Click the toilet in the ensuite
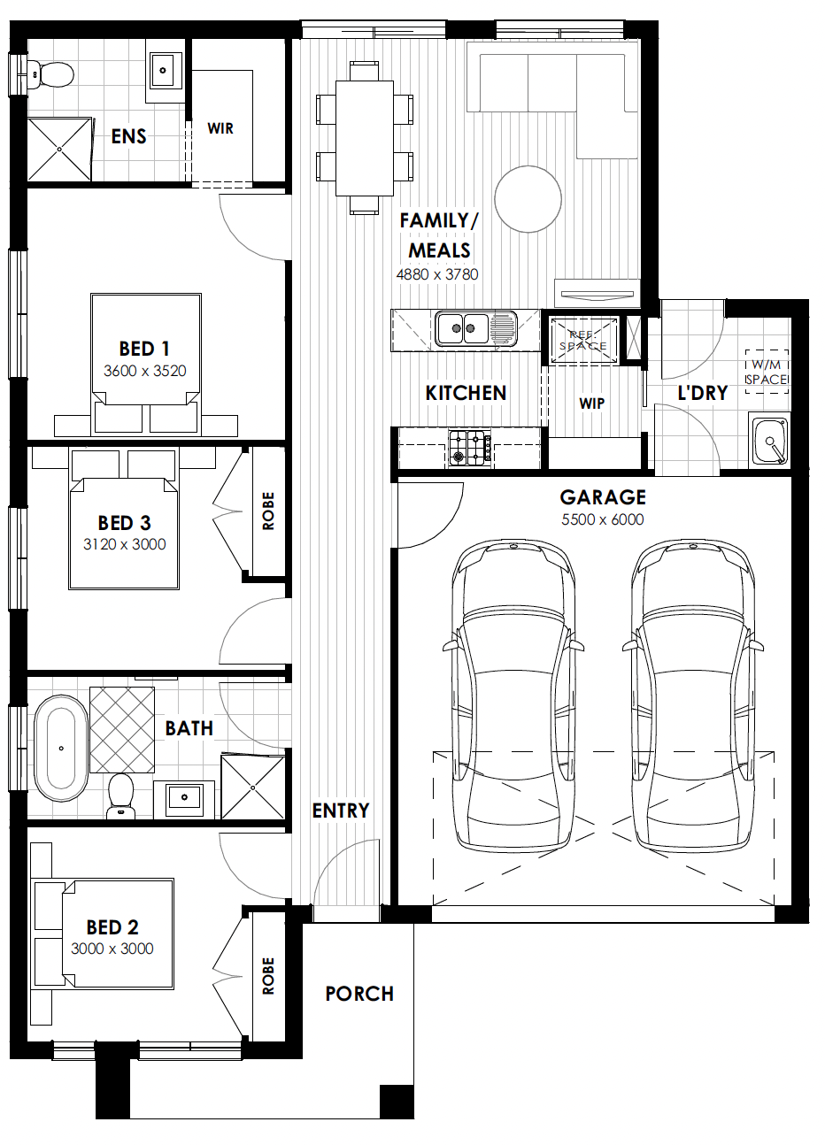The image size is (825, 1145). point(50,75)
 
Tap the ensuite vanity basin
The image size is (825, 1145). point(163,70)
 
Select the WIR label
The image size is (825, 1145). point(220,128)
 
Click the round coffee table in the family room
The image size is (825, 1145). point(528,199)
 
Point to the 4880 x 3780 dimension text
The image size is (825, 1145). point(437,274)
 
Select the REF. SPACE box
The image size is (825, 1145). point(583,341)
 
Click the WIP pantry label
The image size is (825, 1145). point(592,403)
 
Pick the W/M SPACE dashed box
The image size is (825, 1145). point(767,372)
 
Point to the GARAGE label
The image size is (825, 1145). point(603,497)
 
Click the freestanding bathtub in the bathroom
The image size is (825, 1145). point(61,748)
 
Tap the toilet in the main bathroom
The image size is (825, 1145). point(121,795)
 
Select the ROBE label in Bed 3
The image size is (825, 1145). point(268,511)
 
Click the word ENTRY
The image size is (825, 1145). point(341,811)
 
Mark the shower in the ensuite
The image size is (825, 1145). point(59,150)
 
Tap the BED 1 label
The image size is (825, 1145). point(144,349)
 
